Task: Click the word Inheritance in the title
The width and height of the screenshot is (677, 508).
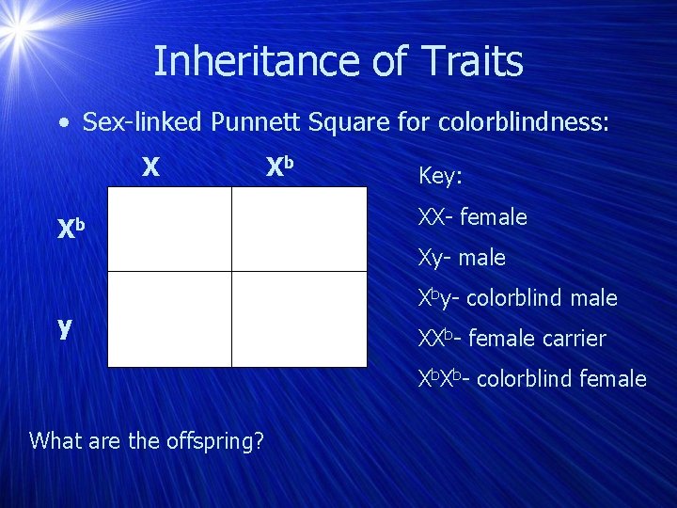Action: [236, 62]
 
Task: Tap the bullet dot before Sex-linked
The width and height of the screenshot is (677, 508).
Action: [62, 123]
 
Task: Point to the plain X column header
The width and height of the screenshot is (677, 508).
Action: [150, 167]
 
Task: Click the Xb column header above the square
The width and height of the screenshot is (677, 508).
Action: [280, 167]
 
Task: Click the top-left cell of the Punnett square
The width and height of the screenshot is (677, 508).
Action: [169, 229]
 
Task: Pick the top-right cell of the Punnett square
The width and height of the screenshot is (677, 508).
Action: [299, 229]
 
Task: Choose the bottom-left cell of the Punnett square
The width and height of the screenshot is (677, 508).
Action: [169, 319]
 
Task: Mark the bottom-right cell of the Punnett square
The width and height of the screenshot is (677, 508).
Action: [299, 319]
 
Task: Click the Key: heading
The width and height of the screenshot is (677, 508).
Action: [440, 177]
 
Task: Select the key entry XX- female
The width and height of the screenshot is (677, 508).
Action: [472, 217]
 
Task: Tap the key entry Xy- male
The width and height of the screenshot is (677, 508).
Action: [462, 258]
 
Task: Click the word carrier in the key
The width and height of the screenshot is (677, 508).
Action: [569, 339]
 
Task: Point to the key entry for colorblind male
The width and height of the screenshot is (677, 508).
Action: [517, 298]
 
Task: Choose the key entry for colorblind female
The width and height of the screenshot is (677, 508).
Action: [532, 379]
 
